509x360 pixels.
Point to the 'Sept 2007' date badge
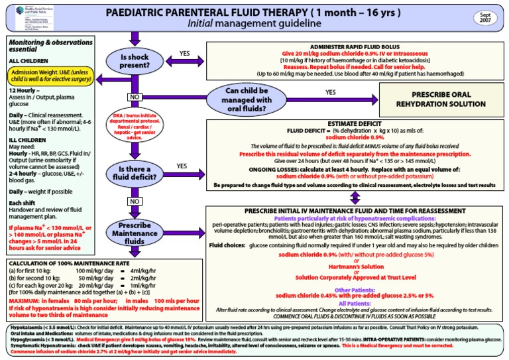pos(486,18)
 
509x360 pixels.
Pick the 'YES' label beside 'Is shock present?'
pos(184,53)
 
